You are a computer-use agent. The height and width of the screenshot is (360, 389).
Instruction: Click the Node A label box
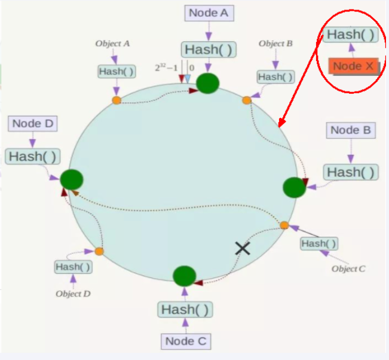coord(209,13)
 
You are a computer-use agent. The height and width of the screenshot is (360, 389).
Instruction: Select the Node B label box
coord(351,130)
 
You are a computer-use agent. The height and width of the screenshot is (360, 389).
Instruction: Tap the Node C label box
coord(186,341)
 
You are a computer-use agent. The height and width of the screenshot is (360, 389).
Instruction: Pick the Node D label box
coord(33,124)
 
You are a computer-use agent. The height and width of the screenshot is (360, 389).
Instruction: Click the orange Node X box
coord(354,66)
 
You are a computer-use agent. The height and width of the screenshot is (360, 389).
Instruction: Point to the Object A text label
coord(112,44)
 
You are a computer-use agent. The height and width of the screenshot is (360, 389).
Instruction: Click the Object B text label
coord(275,44)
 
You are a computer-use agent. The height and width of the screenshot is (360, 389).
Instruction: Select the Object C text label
coord(348,269)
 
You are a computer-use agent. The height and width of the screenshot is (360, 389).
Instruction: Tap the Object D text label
coord(73,294)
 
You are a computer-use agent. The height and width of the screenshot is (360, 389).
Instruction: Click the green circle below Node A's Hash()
coord(208,83)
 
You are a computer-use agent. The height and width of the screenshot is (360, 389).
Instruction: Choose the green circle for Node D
coord(72,179)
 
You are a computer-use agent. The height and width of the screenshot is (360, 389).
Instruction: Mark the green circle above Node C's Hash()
coord(184,276)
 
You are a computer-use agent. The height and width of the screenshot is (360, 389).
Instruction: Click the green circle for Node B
coord(295,187)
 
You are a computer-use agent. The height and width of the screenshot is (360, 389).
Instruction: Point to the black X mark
coord(243,249)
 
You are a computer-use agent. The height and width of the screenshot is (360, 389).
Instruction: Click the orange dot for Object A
coord(117,100)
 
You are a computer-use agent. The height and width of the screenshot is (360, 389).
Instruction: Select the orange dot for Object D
coord(99,251)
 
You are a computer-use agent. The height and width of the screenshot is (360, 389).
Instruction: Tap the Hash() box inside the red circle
coord(351,35)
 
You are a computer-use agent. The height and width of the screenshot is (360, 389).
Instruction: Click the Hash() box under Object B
coord(275,77)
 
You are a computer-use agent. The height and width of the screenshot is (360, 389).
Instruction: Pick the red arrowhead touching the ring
coord(282,123)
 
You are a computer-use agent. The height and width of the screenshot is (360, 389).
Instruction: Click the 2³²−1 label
coord(166,68)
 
